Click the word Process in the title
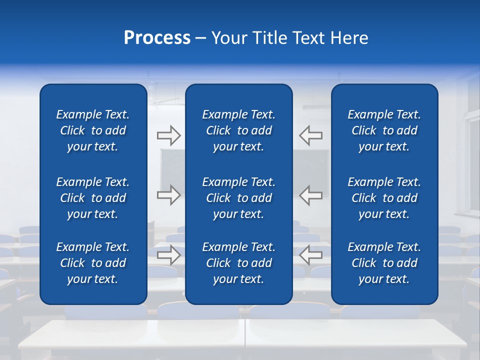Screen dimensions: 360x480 point(157,38)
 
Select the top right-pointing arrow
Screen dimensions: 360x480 point(168,135)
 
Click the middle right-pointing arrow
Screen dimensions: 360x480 point(168,195)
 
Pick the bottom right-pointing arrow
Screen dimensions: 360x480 point(168,255)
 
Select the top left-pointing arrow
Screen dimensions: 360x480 point(311,135)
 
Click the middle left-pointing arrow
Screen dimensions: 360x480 point(311,195)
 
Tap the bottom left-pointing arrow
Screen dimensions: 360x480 point(311,255)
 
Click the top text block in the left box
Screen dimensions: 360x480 point(93,130)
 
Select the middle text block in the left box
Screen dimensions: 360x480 point(93,198)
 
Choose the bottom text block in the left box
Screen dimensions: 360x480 point(93,263)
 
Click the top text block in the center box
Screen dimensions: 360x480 point(238,130)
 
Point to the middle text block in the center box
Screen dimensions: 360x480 point(238,198)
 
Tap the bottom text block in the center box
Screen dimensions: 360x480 point(238,263)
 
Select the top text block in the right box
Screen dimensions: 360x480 point(384,130)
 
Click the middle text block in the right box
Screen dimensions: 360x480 point(384,198)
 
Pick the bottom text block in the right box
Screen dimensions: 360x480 point(384,263)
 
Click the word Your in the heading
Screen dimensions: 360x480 point(229,38)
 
